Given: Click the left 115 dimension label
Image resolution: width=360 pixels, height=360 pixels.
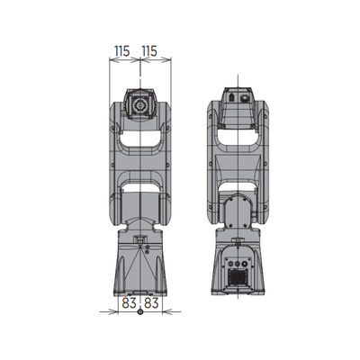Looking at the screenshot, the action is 121,51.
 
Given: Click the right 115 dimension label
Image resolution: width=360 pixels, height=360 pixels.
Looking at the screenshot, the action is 149,51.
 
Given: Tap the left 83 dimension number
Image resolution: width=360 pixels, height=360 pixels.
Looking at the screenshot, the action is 130,303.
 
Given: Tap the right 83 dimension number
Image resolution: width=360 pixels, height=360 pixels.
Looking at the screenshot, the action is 151,303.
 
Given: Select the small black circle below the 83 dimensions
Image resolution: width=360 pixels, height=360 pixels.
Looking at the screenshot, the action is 140,312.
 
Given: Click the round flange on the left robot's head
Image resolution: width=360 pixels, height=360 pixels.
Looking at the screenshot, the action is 139,105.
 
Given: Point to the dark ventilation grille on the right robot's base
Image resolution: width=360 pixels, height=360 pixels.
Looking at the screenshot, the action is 237,277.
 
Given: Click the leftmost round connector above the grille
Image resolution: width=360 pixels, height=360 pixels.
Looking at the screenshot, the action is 230,264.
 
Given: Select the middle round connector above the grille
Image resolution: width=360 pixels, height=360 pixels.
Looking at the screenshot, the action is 238,264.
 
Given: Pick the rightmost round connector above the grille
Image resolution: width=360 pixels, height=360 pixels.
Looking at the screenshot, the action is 244,264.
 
